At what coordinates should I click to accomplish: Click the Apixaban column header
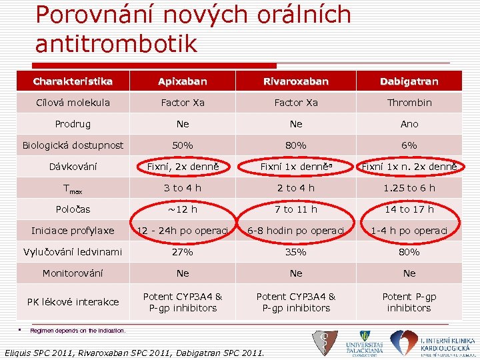[183, 81]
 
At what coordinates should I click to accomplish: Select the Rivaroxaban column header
[296, 81]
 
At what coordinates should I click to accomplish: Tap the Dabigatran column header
[409, 81]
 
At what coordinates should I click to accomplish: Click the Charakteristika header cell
[73, 81]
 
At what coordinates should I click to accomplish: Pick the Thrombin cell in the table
[409, 103]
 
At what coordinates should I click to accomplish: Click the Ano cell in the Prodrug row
[409, 124]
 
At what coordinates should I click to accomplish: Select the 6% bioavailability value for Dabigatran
[409, 145]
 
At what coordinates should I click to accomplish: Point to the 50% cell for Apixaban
[183, 145]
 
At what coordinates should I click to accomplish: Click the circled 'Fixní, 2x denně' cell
[183, 167]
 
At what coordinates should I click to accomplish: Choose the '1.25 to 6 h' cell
[409, 188]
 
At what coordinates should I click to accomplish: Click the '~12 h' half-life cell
[183, 209]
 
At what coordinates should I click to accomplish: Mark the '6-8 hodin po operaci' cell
[296, 231]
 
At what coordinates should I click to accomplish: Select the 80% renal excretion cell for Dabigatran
[409, 252]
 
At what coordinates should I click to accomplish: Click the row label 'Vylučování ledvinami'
[73, 252]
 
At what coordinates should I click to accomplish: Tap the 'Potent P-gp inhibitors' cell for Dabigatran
[409, 302]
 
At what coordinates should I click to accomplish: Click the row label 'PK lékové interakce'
[73, 302]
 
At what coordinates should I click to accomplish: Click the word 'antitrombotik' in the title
[116, 43]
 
